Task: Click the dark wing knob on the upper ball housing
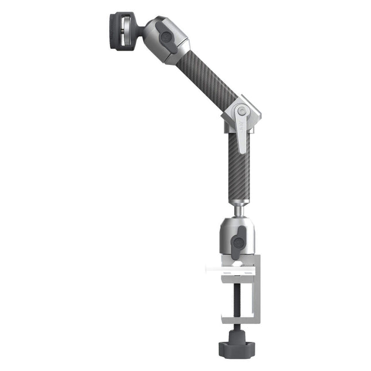167,38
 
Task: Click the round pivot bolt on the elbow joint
242,110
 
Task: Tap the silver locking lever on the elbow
243,135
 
